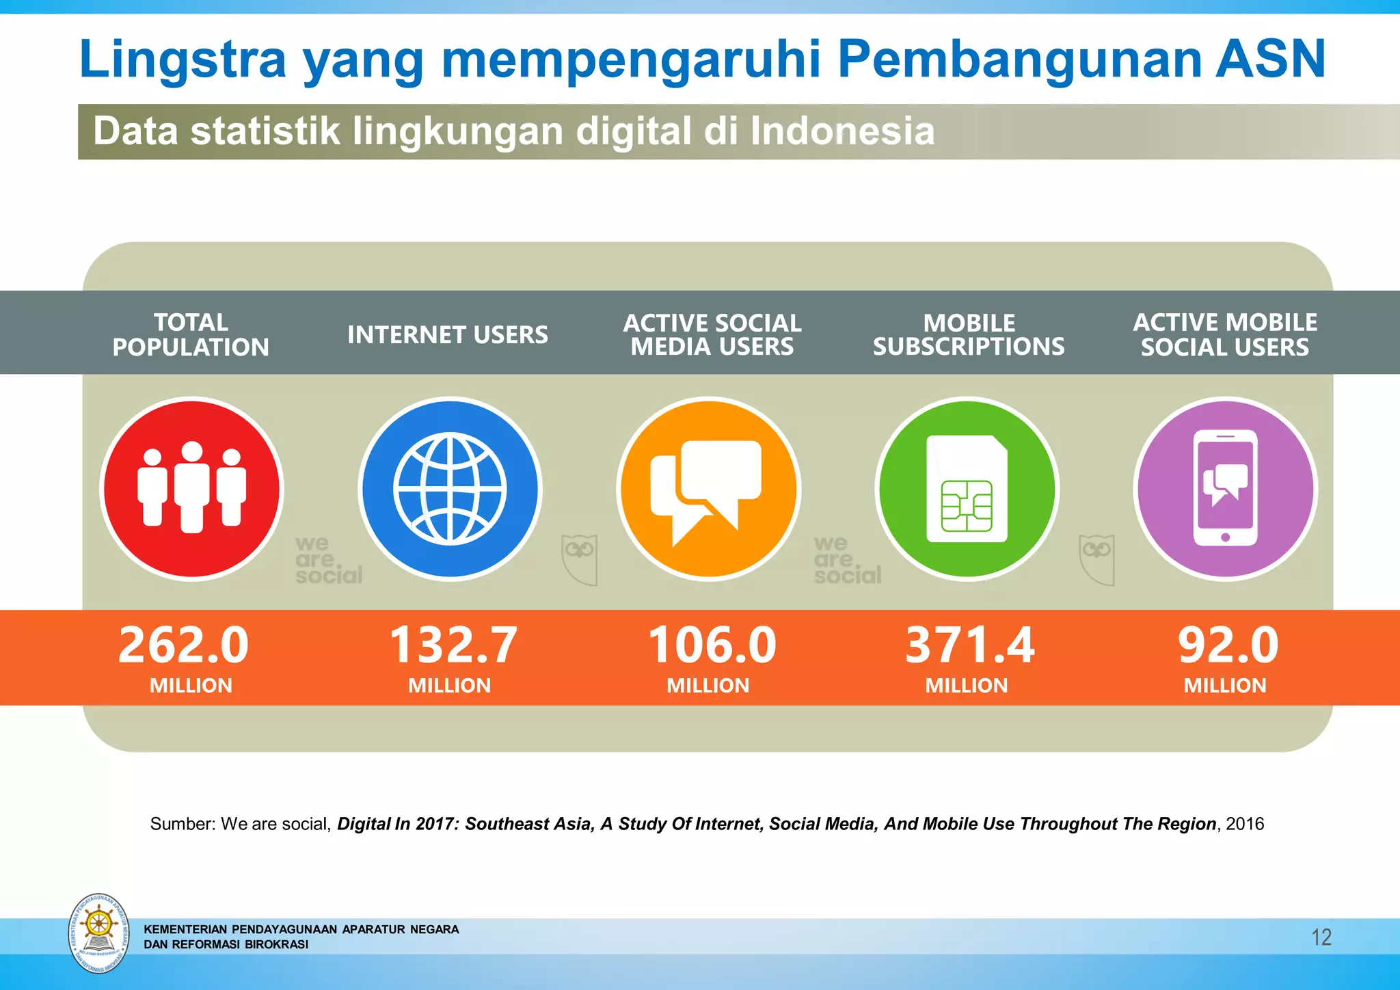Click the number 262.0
[x=183, y=645]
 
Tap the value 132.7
[x=453, y=645]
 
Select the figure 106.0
[x=712, y=645]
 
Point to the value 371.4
[x=969, y=645]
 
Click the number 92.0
[x=1227, y=645]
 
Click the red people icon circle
[x=191, y=489]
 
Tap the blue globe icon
[x=450, y=489]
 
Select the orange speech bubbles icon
[x=708, y=489]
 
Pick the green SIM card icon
[x=967, y=489]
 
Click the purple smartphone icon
[x=1225, y=489]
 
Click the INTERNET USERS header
[x=447, y=334]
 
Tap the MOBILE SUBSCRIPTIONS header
[x=969, y=334]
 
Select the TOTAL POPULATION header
[x=191, y=334]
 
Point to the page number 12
[x=1321, y=937]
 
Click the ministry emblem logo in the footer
[x=99, y=933]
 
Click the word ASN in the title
[x=1271, y=59]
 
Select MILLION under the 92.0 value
[x=1225, y=685]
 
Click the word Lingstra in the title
[x=182, y=59]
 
